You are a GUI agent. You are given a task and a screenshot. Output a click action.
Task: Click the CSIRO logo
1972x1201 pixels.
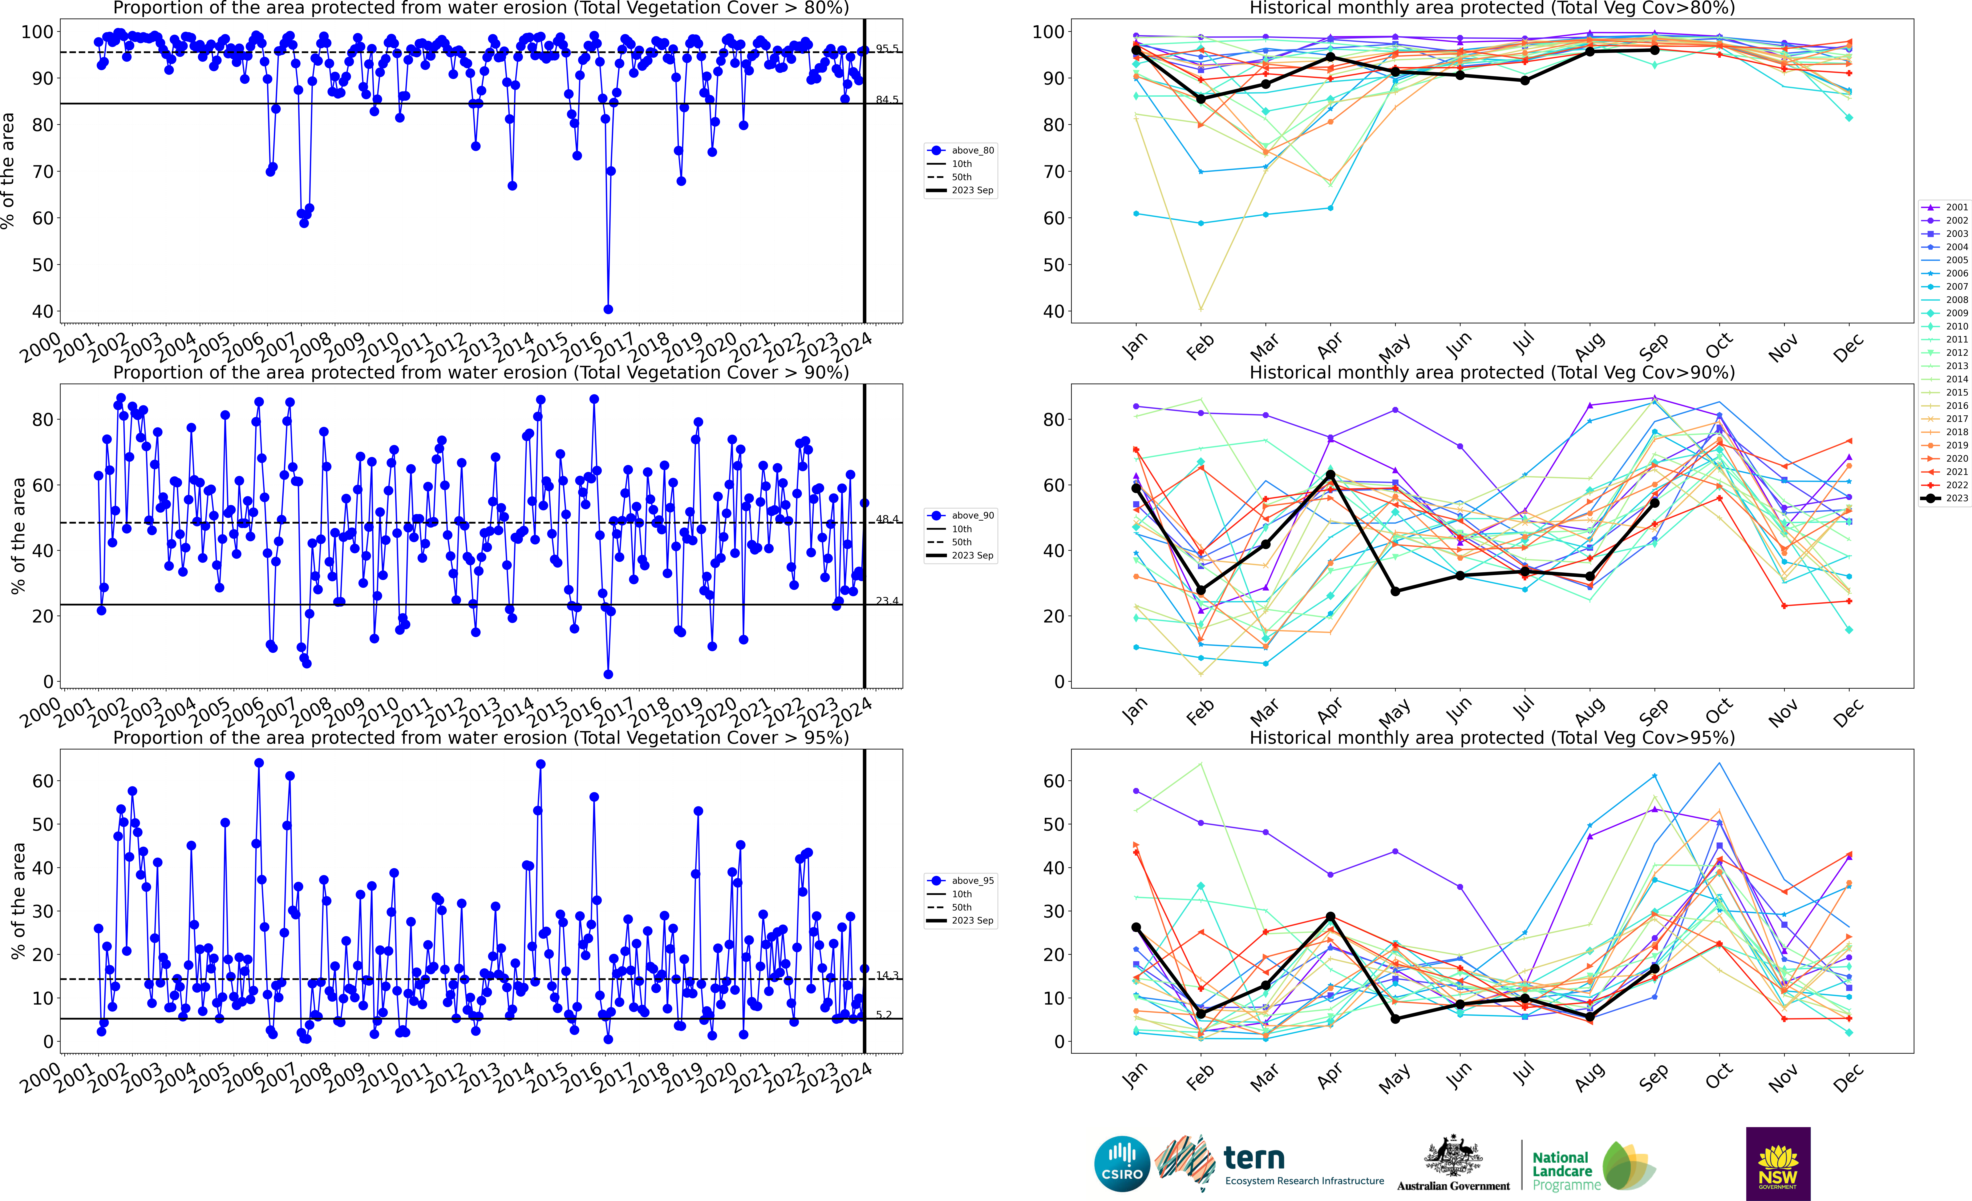pyautogui.click(x=1122, y=1163)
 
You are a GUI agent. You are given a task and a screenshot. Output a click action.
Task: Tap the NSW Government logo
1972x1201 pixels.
pyautogui.click(x=1778, y=1163)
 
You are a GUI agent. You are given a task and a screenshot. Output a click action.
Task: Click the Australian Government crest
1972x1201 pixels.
pyautogui.click(x=1453, y=1157)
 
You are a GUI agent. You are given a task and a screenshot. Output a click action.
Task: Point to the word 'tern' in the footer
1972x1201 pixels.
pyautogui.click(x=1254, y=1158)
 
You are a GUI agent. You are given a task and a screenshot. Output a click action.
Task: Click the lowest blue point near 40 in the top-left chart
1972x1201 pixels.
pyautogui.click(x=608, y=309)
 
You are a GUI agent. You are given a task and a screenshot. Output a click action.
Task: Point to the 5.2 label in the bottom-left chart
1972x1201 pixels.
pyautogui.click(x=884, y=1014)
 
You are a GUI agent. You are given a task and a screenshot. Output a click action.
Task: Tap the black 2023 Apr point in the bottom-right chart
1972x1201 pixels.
pyautogui.click(x=1330, y=916)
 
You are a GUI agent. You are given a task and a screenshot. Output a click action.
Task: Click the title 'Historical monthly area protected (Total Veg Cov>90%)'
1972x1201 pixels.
pyautogui.click(x=1492, y=372)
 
